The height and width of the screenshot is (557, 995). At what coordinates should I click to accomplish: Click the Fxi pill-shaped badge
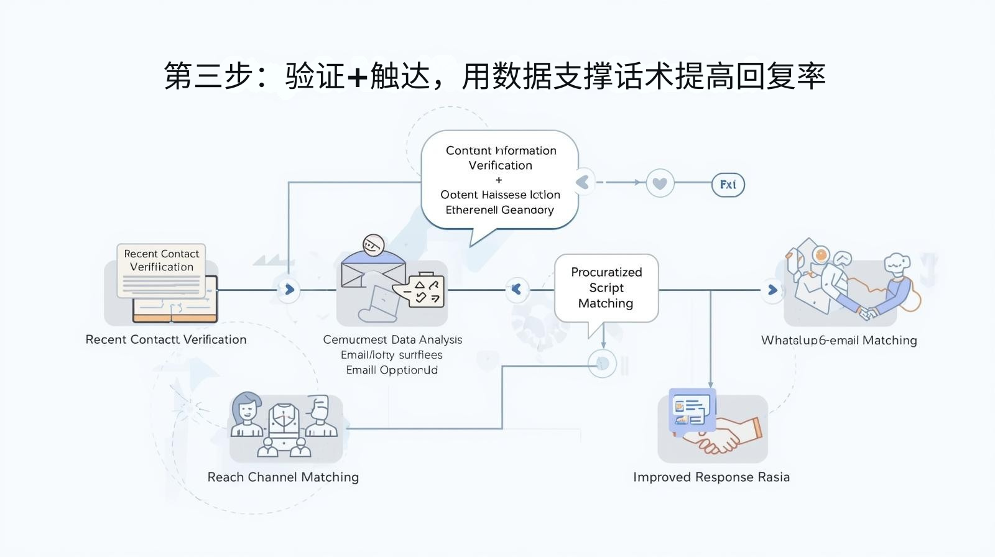click(x=728, y=185)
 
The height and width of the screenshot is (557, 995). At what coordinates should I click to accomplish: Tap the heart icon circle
click(x=660, y=183)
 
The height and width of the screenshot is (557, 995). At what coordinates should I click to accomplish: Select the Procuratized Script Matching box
click(x=606, y=288)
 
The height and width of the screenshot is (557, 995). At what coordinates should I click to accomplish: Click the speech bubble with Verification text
click(x=500, y=180)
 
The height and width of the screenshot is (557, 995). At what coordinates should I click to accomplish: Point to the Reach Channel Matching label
click(x=283, y=477)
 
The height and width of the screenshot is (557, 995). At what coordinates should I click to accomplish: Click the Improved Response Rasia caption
click(x=711, y=477)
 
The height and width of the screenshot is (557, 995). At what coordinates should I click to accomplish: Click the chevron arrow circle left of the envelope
click(x=289, y=290)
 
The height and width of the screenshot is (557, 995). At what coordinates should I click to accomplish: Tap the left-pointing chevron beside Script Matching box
click(x=516, y=289)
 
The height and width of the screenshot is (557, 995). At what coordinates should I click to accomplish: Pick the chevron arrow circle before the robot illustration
click(x=772, y=290)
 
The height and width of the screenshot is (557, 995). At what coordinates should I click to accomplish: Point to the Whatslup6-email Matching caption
click(x=839, y=341)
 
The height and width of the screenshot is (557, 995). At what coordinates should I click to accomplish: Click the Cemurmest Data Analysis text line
click(x=392, y=340)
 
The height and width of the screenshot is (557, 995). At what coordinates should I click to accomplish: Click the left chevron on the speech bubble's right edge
click(x=583, y=182)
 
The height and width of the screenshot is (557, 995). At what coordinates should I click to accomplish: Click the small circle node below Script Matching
click(x=602, y=364)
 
